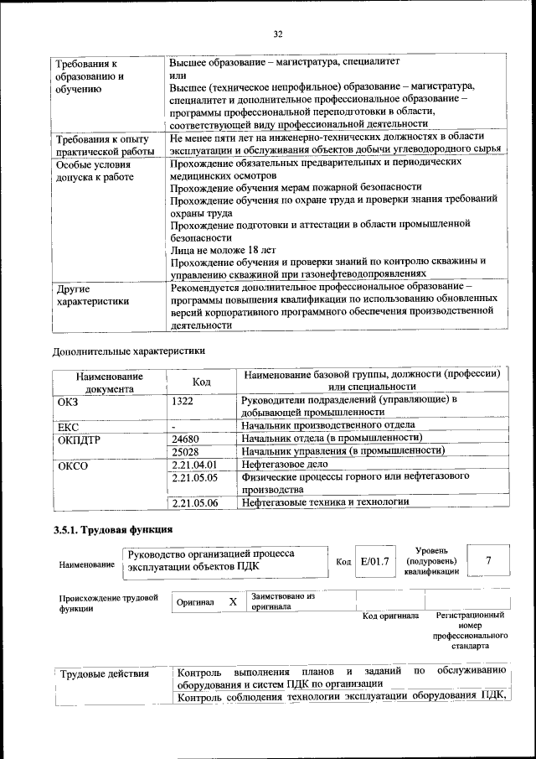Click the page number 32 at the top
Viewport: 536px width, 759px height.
277,34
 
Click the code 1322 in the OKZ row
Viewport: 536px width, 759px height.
183,401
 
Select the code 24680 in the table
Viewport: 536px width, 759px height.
185,439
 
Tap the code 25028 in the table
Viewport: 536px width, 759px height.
185,451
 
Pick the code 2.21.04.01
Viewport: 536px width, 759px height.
193,464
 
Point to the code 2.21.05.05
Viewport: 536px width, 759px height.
193,477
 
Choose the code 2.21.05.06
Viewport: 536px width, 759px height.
193,502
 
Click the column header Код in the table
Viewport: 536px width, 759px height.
201,382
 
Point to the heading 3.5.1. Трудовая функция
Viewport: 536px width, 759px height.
113,529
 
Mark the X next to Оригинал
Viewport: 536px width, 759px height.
233,601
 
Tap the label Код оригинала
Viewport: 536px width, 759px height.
390,616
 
